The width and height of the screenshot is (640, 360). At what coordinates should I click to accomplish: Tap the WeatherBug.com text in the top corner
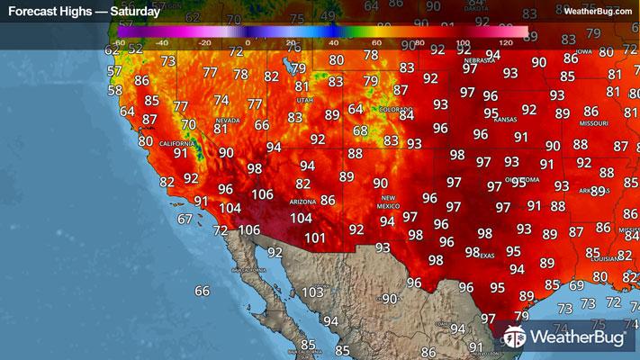pyautogui.click(x=598, y=11)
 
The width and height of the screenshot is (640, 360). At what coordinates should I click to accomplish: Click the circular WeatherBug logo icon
pyautogui.click(x=514, y=337)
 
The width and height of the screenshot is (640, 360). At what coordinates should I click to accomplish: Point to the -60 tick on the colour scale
pyautogui.click(x=119, y=42)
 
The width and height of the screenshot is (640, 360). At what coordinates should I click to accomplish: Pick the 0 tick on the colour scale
pyautogui.click(x=248, y=42)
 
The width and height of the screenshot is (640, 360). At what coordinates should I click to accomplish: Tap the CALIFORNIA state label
pyautogui.click(x=177, y=143)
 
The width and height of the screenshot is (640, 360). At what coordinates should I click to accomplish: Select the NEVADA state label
pyautogui.click(x=226, y=120)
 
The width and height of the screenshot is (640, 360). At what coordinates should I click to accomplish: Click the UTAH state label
pyautogui.click(x=304, y=100)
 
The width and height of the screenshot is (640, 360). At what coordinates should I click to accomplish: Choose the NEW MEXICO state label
pyautogui.click(x=388, y=202)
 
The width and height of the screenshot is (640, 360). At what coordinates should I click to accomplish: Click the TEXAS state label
pyautogui.click(x=486, y=255)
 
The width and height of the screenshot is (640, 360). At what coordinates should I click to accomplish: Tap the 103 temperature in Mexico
pyautogui.click(x=312, y=292)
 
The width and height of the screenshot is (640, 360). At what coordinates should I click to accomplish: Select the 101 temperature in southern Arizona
pyautogui.click(x=314, y=238)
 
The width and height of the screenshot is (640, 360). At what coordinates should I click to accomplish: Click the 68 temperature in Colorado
pyautogui.click(x=360, y=131)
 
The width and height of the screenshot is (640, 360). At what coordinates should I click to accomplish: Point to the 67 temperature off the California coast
pyautogui.click(x=185, y=219)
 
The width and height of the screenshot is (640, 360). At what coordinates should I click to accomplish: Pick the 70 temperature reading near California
pyautogui.click(x=188, y=125)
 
